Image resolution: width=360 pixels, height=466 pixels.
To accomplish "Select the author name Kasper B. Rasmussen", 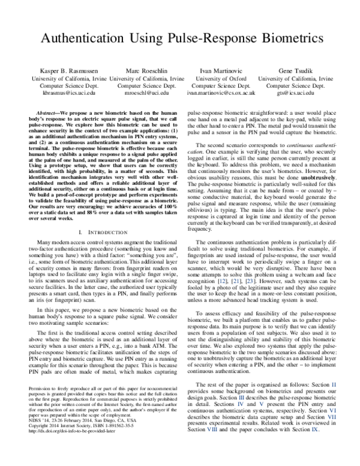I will [59, 70].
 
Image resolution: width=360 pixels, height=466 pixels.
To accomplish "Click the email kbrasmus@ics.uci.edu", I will [59, 94].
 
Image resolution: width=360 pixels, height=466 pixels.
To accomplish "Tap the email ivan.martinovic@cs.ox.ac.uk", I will [221, 94].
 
